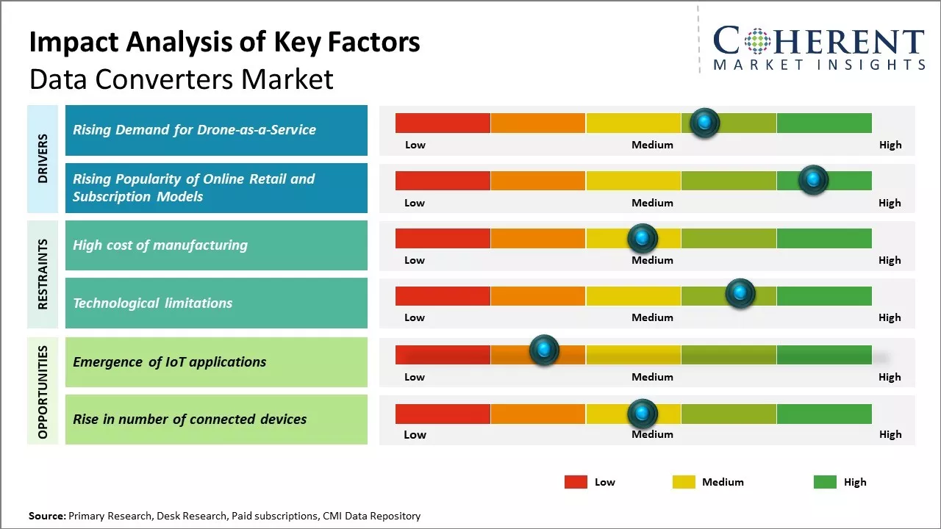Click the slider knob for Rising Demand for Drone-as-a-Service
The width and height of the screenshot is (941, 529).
coord(705,123)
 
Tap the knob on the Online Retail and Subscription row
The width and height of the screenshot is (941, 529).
coord(813,180)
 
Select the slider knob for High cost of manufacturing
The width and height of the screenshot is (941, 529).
coord(643,238)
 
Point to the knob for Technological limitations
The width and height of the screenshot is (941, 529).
coord(740,294)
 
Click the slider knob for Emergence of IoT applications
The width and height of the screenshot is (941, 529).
coord(544,350)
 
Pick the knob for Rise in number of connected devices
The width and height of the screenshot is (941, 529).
coord(643,414)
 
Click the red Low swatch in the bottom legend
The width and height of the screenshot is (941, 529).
coord(576,482)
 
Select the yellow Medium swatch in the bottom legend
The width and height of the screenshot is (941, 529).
coord(684,482)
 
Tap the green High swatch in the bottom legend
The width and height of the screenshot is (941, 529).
coord(825,482)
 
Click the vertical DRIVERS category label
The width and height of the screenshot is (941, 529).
coord(43,159)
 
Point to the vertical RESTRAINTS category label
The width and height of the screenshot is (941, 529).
coord(43,274)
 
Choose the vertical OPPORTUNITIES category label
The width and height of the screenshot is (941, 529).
coord(43,392)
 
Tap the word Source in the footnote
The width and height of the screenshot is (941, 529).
coord(46,516)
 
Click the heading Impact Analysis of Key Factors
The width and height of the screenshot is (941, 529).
coord(224,42)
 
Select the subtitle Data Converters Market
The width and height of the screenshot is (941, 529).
coord(181,79)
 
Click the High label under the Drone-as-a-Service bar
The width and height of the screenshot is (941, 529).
coord(890,145)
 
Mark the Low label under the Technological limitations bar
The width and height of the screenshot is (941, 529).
coord(415,317)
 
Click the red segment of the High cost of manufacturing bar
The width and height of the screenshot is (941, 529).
coord(443,238)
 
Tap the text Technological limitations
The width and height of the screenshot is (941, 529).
coord(152,303)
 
